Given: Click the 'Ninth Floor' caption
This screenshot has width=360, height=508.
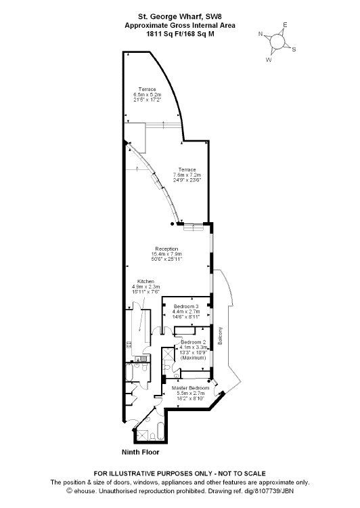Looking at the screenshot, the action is [x=140, y=452].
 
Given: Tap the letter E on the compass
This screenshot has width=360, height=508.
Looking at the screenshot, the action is [x=285, y=24].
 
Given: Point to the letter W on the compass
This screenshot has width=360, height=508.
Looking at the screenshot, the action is [x=269, y=60].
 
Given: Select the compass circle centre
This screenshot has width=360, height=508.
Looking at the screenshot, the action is [x=277, y=41].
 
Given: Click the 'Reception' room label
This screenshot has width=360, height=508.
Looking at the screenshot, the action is [x=166, y=249].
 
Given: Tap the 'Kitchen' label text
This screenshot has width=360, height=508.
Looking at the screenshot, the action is [x=145, y=281].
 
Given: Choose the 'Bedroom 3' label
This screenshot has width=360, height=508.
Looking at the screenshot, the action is [x=186, y=306].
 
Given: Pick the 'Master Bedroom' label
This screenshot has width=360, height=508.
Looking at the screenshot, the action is [x=190, y=388].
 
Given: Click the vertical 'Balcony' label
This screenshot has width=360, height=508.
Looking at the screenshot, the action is [x=220, y=336].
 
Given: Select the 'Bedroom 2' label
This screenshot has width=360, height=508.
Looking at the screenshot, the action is [x=194, y=342].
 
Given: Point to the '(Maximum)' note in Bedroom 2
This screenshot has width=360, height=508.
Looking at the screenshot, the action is [x=194, y=358].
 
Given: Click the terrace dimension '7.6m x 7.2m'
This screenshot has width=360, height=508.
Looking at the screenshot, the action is [x=187, y=175].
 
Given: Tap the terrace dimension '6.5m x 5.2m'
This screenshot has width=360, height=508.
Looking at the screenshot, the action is [x=148, y=94].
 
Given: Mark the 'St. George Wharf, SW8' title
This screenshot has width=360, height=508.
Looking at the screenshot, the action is [x=180, y=16].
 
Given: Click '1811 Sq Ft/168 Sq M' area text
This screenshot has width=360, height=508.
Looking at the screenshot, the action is [x=180, y=34].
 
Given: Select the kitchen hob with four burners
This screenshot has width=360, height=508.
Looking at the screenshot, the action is [x=129, y=344].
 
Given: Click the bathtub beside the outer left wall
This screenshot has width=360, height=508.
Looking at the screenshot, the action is [x=129, y=373].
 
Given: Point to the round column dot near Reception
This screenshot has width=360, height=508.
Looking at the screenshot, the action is [x=173, y=224].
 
